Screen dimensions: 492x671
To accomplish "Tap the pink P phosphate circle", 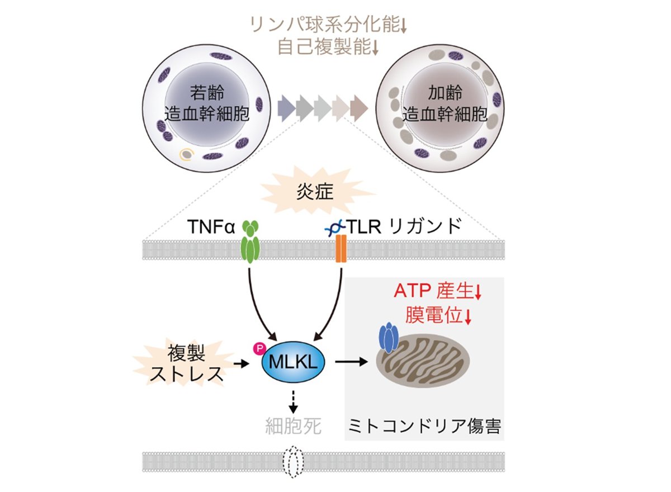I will pos(258,349).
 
